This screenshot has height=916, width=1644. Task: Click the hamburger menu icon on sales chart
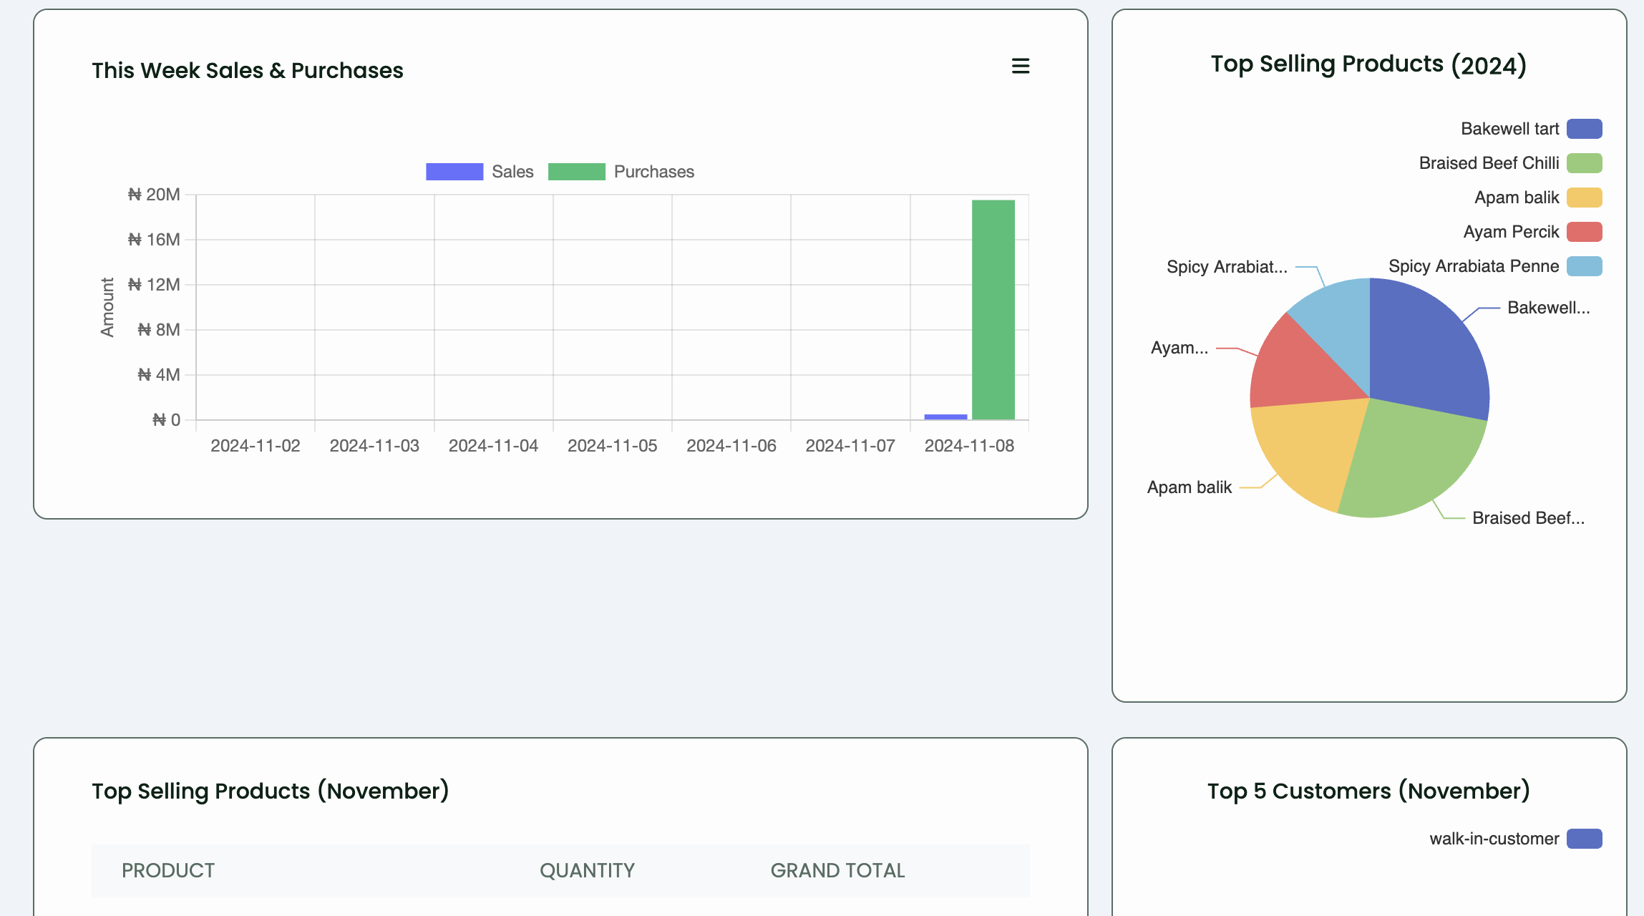[x=1020, y=67]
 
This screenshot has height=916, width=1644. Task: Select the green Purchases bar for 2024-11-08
[x=993, y=309]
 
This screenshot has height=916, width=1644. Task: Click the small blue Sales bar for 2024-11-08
[x=945, y=416]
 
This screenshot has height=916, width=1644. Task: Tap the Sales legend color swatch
[x=454, y=172]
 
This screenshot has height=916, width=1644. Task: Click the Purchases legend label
[x=653, y=172]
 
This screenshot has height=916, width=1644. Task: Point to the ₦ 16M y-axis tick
[x=154, y=240]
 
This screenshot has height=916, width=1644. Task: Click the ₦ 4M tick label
[x=159, y=375]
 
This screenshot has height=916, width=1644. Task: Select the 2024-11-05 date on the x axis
[x=612, y=446]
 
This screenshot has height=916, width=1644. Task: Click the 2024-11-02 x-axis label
[x=255, y=446]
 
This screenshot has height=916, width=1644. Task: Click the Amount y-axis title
[x=107, y=307]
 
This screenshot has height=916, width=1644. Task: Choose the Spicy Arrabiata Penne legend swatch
[x=1584, y=266]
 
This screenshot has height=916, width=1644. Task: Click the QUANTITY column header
[x=587, y=870]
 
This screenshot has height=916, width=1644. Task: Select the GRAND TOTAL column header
[x=837, y=870]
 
